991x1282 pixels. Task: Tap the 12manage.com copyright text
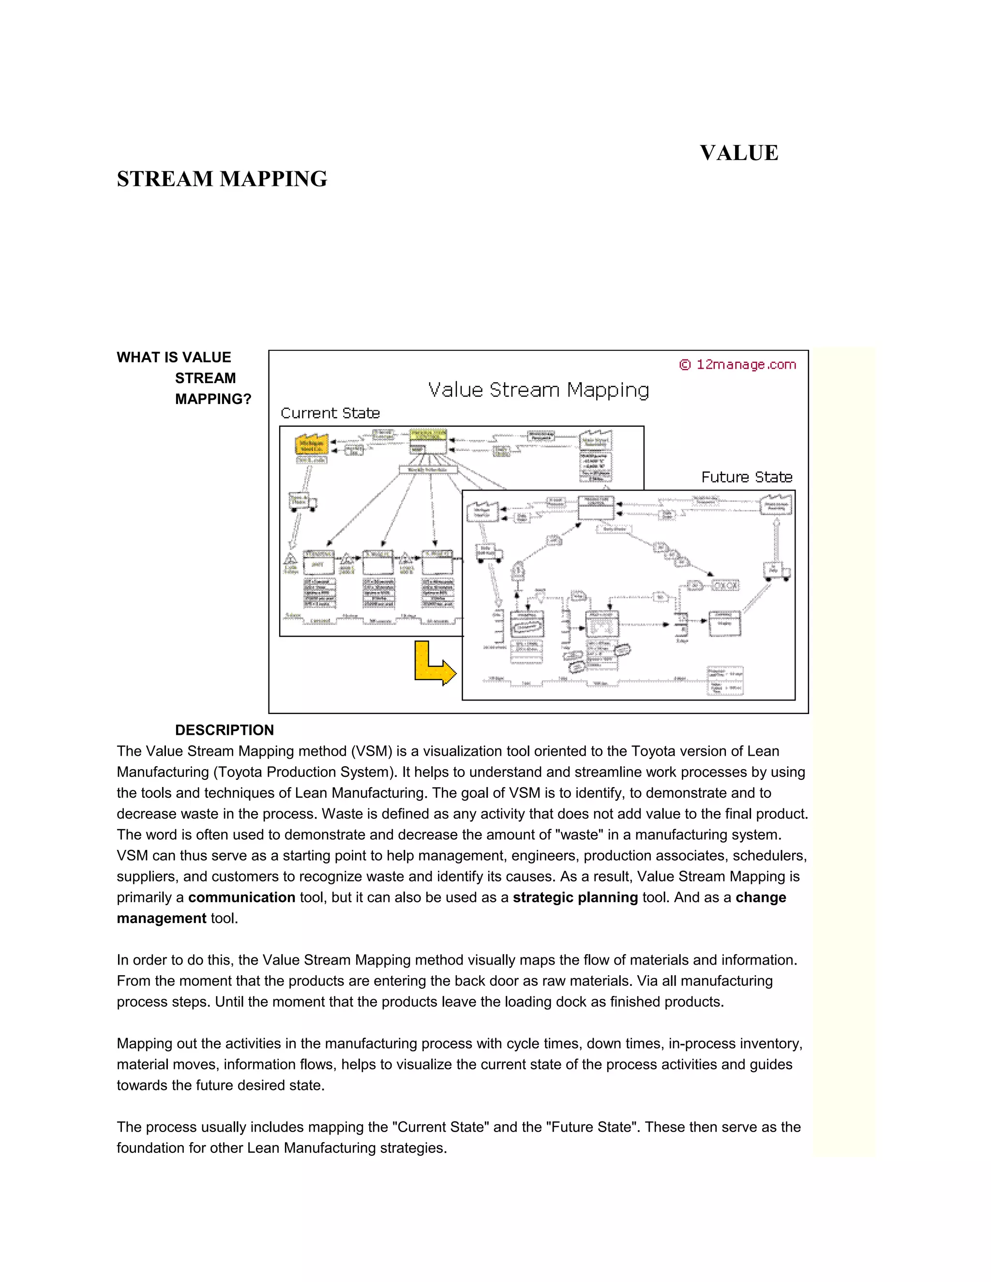pyautogui.click(x=738, y=365)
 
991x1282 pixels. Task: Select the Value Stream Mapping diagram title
pyautogui.click(x=539, y=390)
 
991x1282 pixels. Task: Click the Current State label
pyautogui.click(x=330, y=413)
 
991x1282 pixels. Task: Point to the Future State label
pyautogui.click(x=746, y=477)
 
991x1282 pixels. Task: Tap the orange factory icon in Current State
pyautogui.click(x=311, y=445)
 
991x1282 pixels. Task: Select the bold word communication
pyautogui.click(x=241, y=897)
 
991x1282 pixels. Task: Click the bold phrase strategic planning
pyautogui.click(x=575, y=897)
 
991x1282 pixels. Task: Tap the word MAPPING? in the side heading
pyautogui.click(x=213, y=399)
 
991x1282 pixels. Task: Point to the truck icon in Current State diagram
pyautogui.click(x=303, y=502)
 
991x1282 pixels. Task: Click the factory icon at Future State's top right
pyautogui.click(x=776, y=504)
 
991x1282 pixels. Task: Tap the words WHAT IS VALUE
pyautogui.click(x=174, y=358)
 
